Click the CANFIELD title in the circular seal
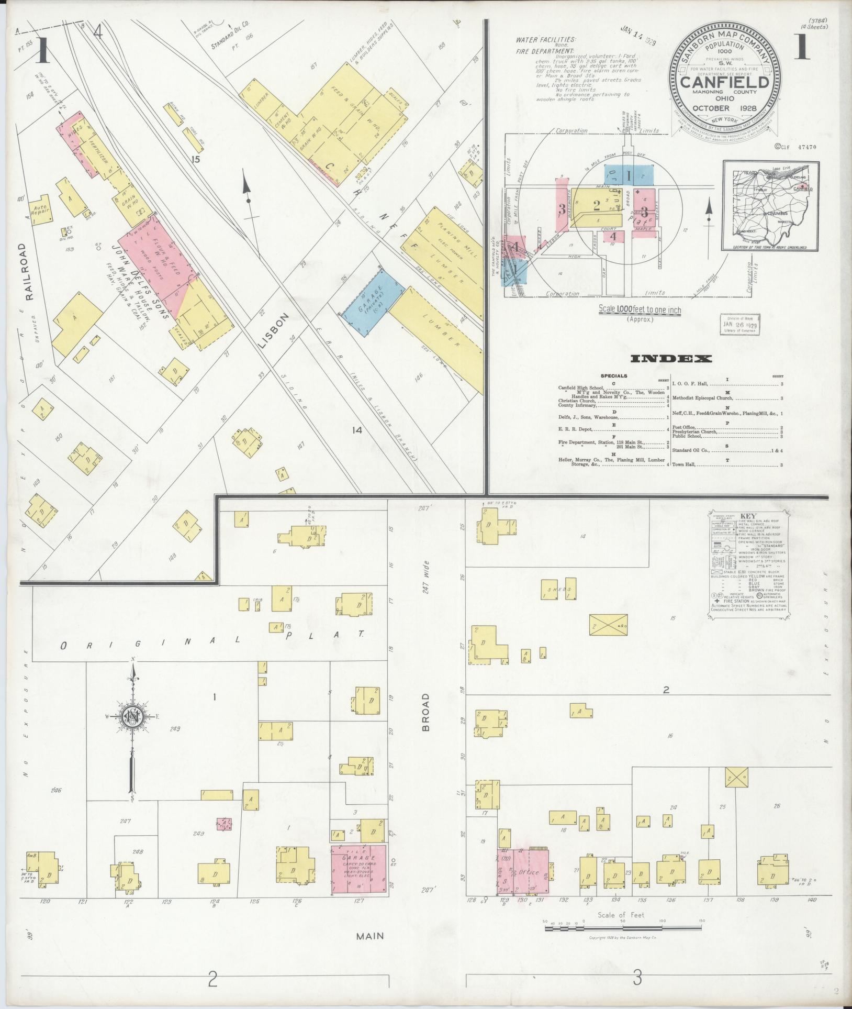(725, 83)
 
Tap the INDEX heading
(671, 359)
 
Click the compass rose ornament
(133, 717)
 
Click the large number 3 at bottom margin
(637, 977)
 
